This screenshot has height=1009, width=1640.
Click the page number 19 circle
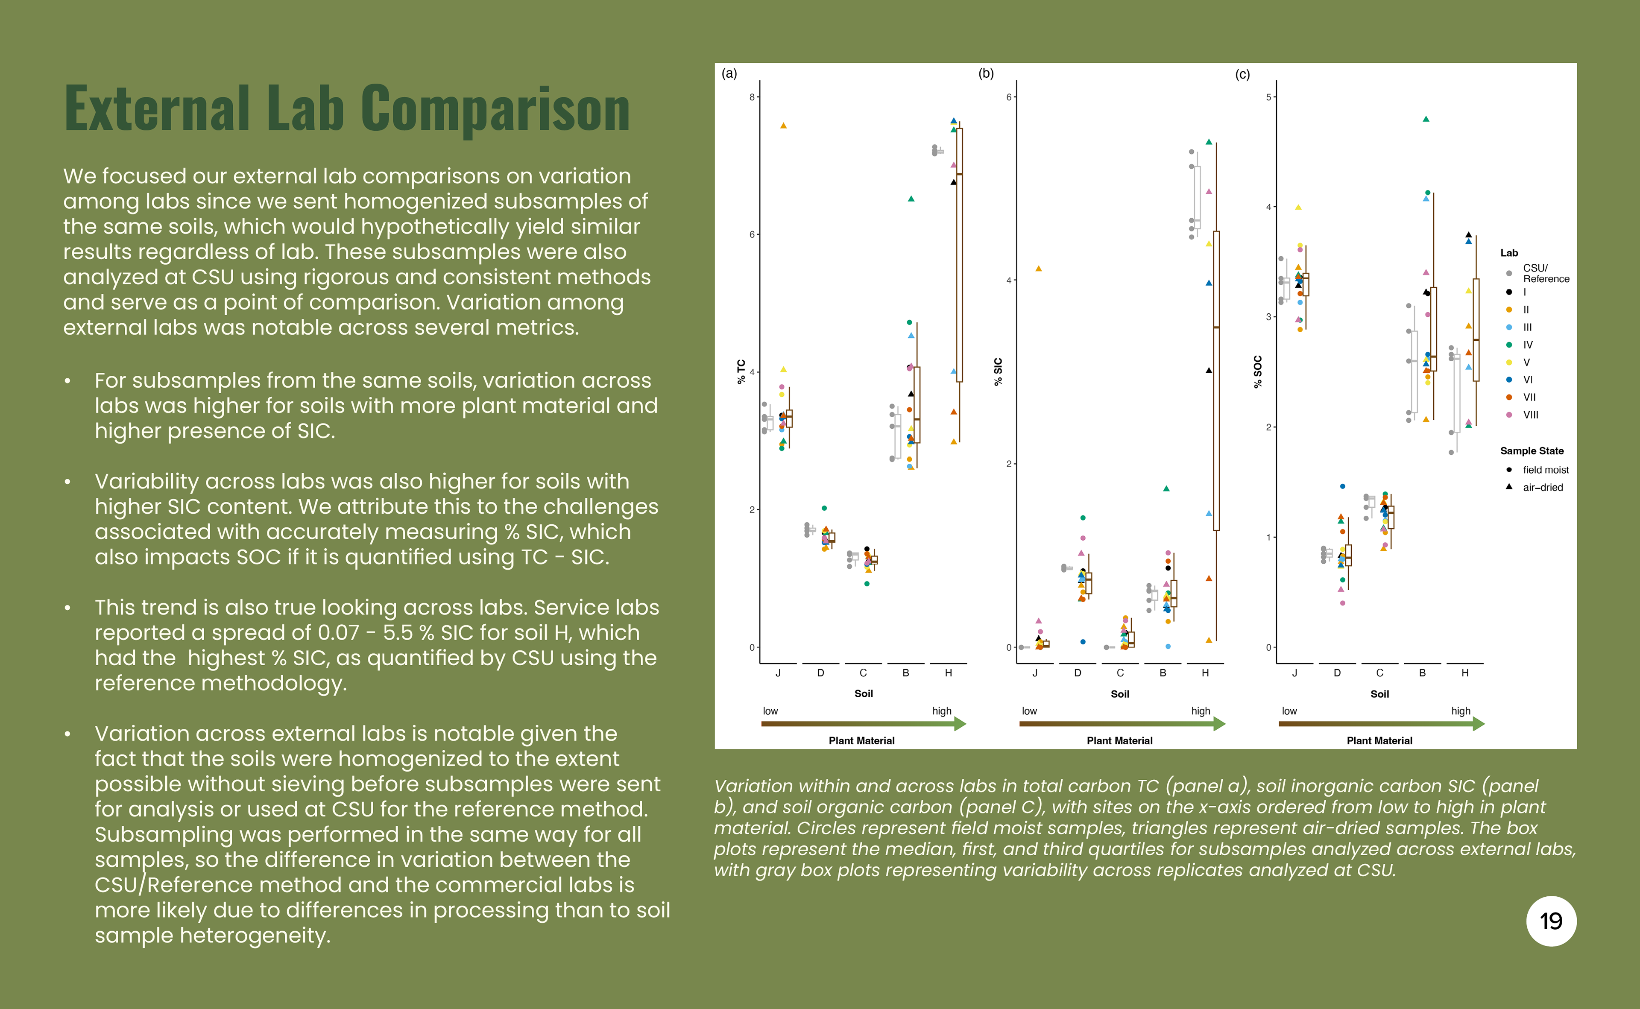coord(1551,921)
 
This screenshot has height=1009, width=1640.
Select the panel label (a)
coord(729,73)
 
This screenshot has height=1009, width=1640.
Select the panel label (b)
coord(986,73)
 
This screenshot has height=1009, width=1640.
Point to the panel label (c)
coord(1242,74)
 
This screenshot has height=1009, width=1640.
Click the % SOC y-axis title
coord(1257,371)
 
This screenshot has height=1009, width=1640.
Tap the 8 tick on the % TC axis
coord(752,97)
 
